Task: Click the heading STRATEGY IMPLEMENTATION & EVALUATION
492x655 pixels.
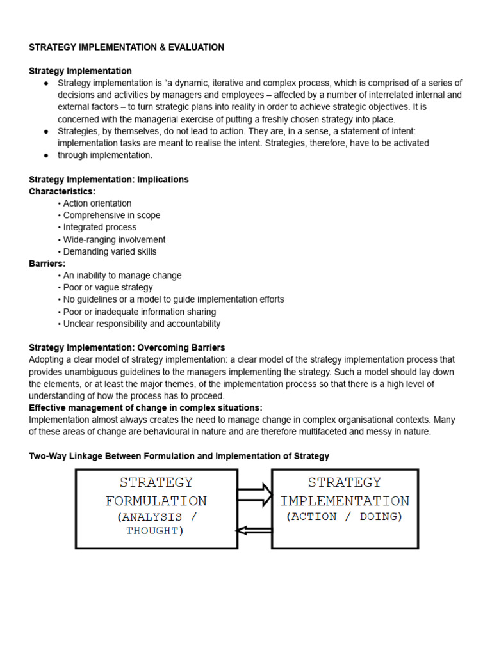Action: (x=126, y=47)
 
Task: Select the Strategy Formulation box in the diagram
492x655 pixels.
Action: (x=156, y=509)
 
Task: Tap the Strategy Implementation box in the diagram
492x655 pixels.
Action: (x=345, y=509)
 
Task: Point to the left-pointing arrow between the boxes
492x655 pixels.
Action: (x=254, y=529)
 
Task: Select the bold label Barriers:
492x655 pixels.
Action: (x=47, y=264)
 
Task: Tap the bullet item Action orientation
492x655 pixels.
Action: (x=97, y=203)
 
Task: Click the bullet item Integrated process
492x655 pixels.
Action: (x=99, y=227)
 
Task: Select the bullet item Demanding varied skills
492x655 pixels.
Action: (x=110, y=251)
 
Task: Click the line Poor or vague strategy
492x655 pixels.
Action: (x=108, y=287)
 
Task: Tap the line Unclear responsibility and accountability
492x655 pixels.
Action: (x=142, y=324)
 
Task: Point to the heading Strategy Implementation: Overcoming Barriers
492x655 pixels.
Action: (x=127, y=348)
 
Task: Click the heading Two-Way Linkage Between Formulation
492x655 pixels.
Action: (x=179, y=456)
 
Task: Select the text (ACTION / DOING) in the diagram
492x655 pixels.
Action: (x=345, y=517)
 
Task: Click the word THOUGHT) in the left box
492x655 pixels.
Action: (x=155, y=531)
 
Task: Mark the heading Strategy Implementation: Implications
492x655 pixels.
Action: (x=109, y=180)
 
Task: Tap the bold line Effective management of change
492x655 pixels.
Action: (x=145, y=408)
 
